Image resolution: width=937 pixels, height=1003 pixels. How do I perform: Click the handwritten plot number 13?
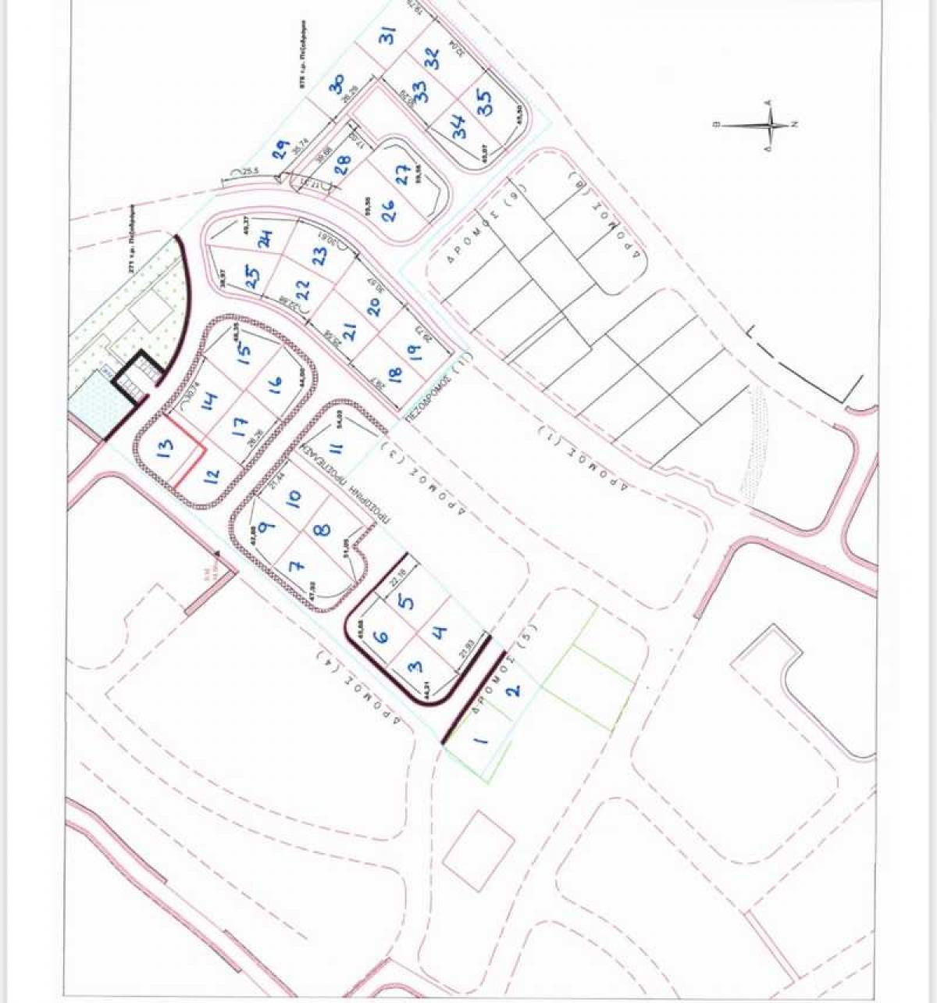point(166,450)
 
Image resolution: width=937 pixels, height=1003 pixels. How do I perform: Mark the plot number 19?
point(414,352)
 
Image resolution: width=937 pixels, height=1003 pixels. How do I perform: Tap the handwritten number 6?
point(382,636)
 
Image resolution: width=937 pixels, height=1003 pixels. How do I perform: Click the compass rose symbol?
point(770,124)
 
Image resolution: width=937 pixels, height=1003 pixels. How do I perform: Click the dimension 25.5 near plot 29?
point(249,171)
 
